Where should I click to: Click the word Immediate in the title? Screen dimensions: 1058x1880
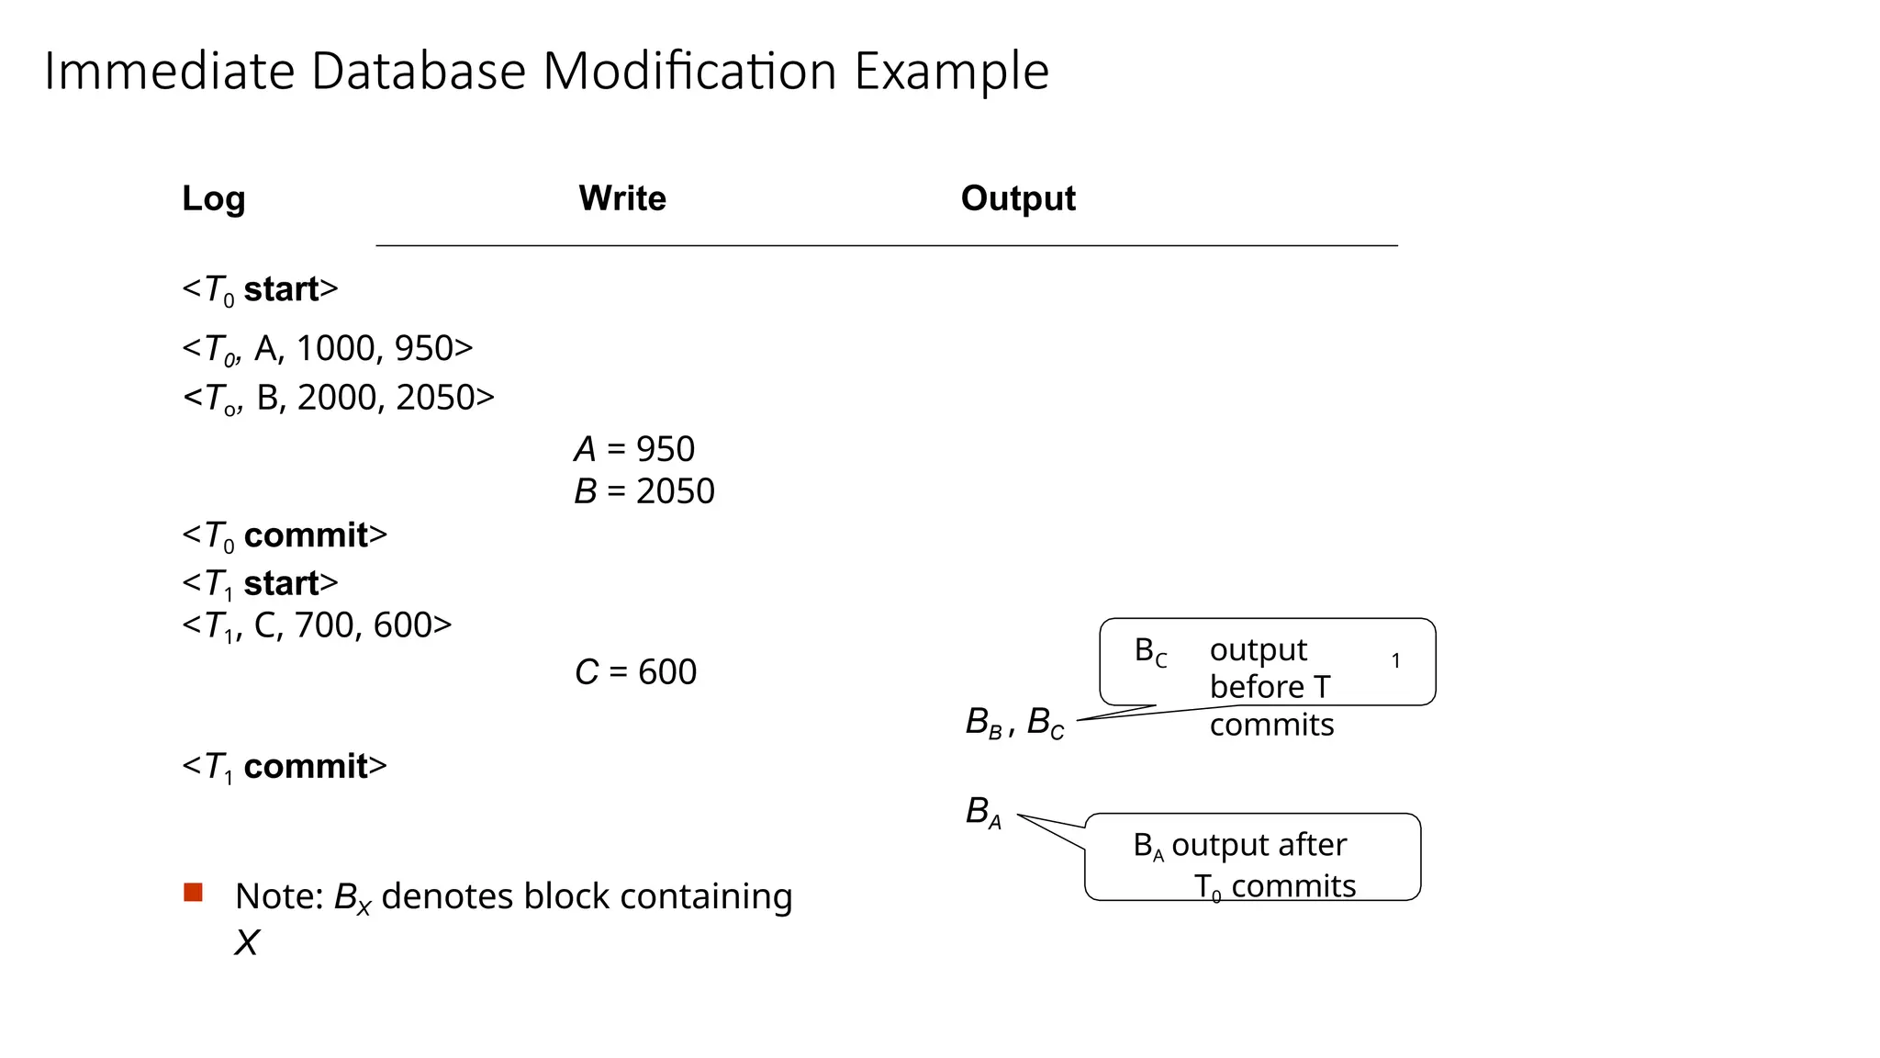pos(169,72)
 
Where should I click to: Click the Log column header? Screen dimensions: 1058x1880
pos(213,198)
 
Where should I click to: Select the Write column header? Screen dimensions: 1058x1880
pos(621,198)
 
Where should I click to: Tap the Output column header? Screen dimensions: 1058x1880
pos(1017,198)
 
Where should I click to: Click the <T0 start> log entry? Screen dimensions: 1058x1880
pos(260,290)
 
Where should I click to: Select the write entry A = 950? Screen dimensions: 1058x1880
pos(634,449)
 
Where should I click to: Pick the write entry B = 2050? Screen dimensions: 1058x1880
pos(643,491)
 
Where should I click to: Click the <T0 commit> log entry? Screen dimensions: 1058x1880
pos(285,535)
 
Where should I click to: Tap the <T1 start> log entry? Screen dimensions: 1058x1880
pos(260,583)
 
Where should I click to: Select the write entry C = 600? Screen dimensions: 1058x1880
pos(635,672)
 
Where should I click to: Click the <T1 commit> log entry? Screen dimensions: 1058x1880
pos(285,767)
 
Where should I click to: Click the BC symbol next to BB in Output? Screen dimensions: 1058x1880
pos(1045,724)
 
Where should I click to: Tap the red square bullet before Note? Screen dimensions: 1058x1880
pos(193,893)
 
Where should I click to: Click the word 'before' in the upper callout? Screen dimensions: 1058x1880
pos(1256,687)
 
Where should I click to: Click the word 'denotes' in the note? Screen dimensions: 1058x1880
pos(447,896)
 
